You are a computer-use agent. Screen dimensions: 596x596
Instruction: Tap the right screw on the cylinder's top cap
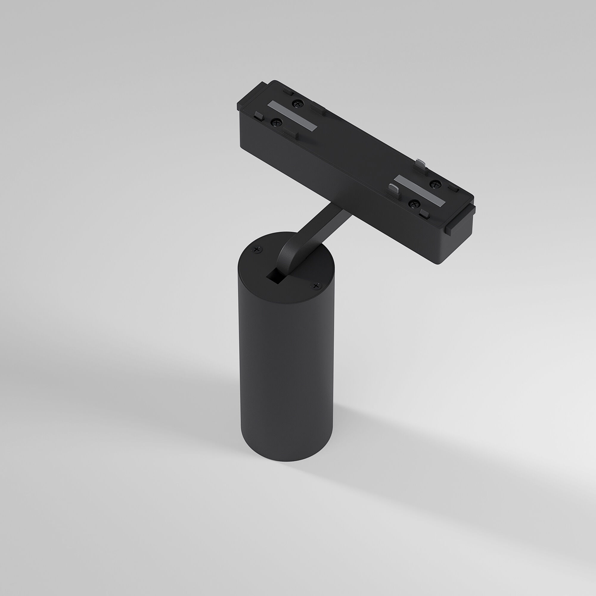(x=316, y=286)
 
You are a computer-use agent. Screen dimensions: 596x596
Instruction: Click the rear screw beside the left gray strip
(x=297, y=104)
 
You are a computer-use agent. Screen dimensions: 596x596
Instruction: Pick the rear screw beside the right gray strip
(x=436, y=184)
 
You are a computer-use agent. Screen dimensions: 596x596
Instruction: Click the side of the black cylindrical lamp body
(x=285, y=370)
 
